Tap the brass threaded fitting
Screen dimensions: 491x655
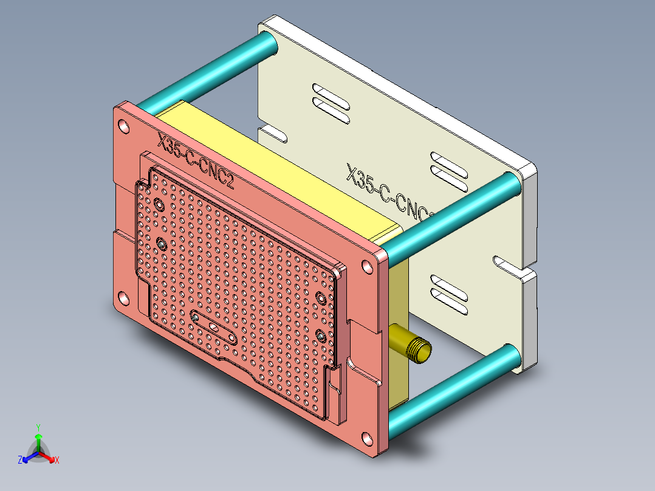point(413,344)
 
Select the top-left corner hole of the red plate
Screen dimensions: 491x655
point(124,127)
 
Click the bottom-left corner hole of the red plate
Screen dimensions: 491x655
point(123,298)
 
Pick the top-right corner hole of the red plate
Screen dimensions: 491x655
point(368,267)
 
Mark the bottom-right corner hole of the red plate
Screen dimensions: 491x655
point(368,439)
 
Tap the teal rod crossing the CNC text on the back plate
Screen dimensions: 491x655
point(450,213)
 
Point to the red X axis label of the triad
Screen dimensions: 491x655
point(57,461)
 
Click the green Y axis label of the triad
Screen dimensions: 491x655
point(38,427)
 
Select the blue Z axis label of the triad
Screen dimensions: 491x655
point(20,461)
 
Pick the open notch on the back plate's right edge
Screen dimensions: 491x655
point(507,264)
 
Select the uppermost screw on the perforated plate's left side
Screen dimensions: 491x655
point(159,206)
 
